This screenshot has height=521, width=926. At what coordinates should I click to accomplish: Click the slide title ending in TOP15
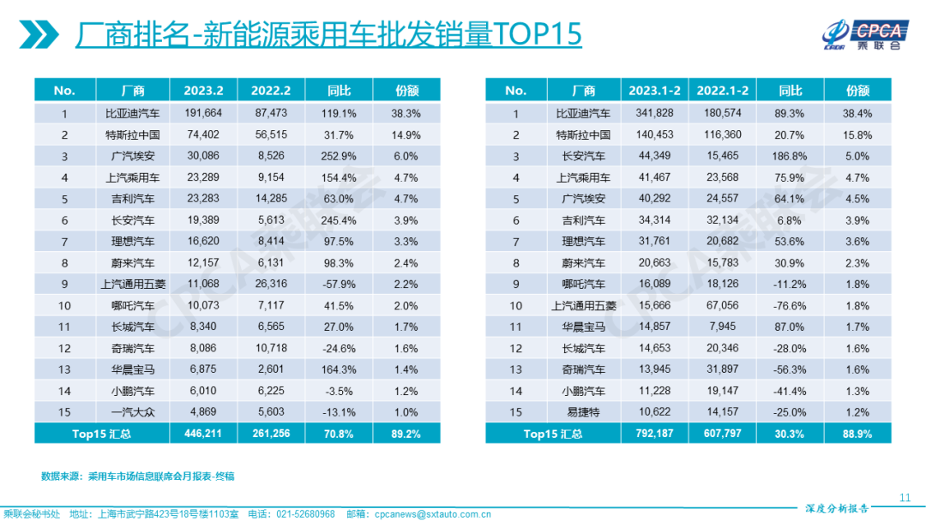pos(328,34)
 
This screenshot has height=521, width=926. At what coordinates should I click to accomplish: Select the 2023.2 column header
pos(202,91)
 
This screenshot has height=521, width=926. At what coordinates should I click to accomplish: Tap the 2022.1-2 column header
pos(722,91)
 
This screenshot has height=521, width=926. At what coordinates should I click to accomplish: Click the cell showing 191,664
pos(202,113)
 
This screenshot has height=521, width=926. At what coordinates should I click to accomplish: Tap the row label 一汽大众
pos(133,413)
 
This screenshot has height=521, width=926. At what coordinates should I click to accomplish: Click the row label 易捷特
pos(582,413)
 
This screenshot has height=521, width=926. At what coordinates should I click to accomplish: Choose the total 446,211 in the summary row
pos(202,434)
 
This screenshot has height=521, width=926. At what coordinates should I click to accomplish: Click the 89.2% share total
pos(406,434)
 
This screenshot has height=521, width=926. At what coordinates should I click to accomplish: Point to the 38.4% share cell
pos(857,113)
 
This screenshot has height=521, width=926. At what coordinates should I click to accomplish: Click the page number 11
pos(905,497)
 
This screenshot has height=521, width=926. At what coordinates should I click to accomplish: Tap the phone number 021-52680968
pos(304,514)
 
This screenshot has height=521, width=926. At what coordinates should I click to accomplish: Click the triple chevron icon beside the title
pos(40,35)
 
